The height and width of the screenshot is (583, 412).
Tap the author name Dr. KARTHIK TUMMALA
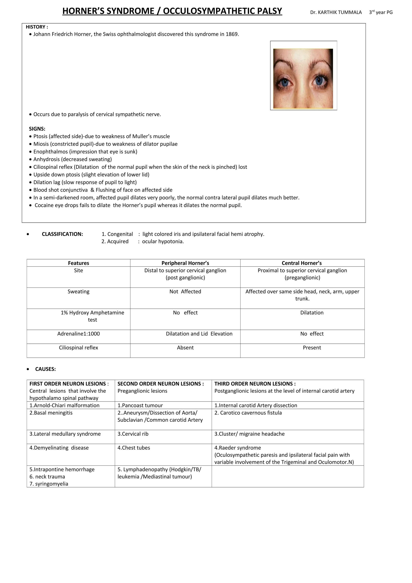pos(336,12)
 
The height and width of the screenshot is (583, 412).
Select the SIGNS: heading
pos(37,129)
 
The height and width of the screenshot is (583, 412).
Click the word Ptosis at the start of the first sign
pos(40,136)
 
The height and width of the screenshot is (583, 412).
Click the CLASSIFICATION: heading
pos(62,234)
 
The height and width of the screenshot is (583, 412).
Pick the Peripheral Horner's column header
pos(185,263)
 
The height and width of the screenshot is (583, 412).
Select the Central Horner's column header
pos(302,263)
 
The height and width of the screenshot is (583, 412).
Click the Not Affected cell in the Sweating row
pos(185,291)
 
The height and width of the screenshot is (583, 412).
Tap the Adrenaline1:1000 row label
pos(78,334)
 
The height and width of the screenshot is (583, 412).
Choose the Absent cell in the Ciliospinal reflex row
pos(185,348)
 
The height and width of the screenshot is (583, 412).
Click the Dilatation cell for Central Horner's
pos(312,313)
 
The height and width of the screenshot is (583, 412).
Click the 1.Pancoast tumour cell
pos(140,406)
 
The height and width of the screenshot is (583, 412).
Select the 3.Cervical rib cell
pos(133,434)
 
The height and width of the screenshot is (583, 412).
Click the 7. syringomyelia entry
pos(49,484)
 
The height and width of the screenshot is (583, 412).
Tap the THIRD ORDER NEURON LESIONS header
pos(255,384)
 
